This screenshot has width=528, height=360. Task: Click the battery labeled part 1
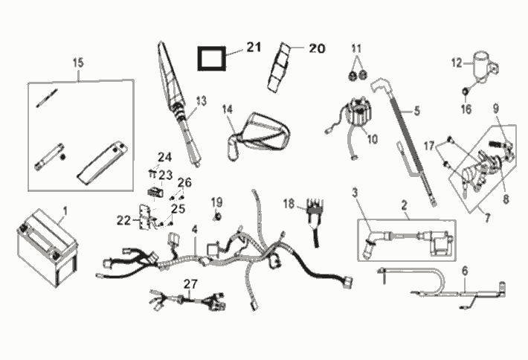click(x=47, y=248)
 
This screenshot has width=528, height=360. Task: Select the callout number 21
click(x=254, y=47)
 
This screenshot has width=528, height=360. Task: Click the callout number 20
click(x=317, y=48)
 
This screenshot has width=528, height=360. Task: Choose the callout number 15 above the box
click(x=78, y=62)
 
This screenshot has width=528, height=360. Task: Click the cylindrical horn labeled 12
click(x=485, y=68)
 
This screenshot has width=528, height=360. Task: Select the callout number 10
click(x=373, y=139)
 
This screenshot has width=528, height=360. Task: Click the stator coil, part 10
click(x=356, y=115)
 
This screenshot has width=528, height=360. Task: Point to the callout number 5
click(x=417, y=111)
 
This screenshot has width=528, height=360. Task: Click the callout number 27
click(x=190, y=284)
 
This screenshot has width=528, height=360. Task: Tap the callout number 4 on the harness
click(x=195, y=230)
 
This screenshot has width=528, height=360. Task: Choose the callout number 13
click(x=202, y=101)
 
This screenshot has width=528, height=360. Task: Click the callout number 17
click(x=429, y=146)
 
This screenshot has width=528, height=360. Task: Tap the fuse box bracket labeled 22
click(x=145, y=217)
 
